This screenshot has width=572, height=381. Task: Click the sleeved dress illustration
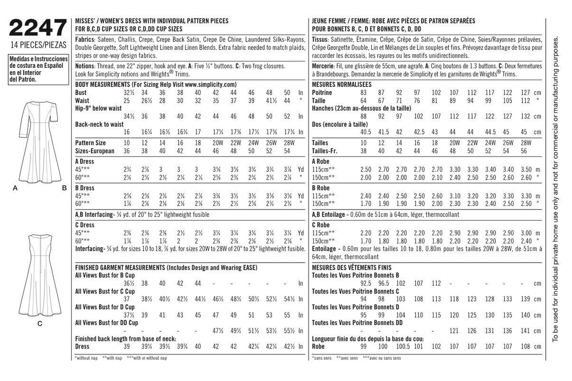[x=39, y=143]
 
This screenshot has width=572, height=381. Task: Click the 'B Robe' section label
[x=320, y=189]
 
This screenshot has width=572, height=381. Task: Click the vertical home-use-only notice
[x=555, y=190]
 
